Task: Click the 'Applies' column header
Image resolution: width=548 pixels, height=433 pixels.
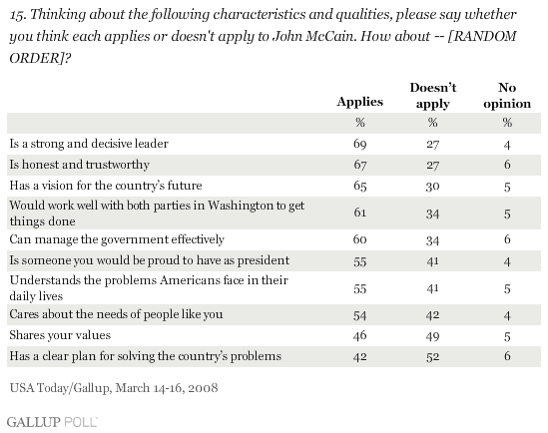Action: [x=360, y=102]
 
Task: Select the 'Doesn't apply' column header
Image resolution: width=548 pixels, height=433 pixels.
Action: [x=433, y=96]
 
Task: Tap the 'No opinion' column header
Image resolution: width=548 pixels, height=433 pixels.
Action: [x=507, y=96]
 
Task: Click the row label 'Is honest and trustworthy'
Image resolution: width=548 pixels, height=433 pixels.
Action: [x=79, y=165]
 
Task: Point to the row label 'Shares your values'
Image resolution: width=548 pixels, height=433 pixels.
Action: [x=60, y=335]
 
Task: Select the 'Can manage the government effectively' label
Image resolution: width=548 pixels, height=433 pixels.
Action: [x=117, y=239]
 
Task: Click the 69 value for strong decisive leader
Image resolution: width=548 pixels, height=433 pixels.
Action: [x=360, y=144]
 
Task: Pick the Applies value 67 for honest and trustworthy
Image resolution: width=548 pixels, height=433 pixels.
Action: [x=360, y=165]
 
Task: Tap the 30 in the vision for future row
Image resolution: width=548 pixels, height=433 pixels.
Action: [x=432, y=187]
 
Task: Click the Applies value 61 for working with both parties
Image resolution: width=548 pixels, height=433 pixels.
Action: [x=360, y=213]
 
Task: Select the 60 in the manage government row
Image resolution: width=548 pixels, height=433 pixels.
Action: [x=360, y=239]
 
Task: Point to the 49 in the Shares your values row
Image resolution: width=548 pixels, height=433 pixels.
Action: [x=432, y=336]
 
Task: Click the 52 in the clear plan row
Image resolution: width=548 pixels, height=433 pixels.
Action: [x=432, y=357]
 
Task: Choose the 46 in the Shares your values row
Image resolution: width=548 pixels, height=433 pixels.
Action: [x=360, y=335]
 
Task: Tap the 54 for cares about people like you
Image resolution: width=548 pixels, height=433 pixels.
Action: [x=360, y=315]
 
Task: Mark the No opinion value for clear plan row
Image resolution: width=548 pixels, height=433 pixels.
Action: [x=507, y=356]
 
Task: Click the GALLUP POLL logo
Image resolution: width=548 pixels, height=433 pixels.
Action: [x=52, y=422]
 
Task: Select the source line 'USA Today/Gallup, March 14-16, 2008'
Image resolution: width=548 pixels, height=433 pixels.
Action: [x=114, y=388]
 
